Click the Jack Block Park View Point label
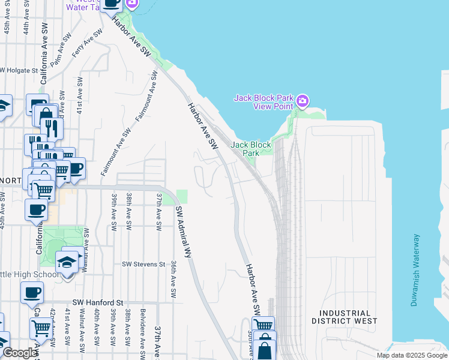pyautogui.click(x=264, y=101)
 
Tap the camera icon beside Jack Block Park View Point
pyautogui.click(x=303, y=99)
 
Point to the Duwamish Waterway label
pyautogui.click(x=415, y=271)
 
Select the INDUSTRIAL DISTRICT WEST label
pyautogui.click(x=345, y=317)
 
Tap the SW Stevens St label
pyautogui.click(x=143, y=264)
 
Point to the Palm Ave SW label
pyautogui.click(x=61, y=54)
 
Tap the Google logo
pyautogui.click(x=19, y=353)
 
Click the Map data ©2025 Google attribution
pyautogui.click(x=411, y=355)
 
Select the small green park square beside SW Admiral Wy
pyautogui.click(x=182, y=197)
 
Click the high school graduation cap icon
pyautogui.click(x=66, y=262)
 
